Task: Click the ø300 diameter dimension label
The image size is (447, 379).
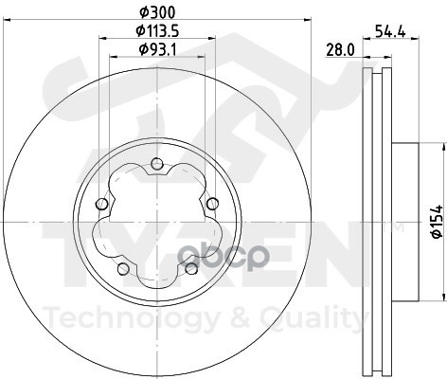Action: tap(157, 12)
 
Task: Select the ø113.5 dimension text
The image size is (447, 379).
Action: tap(157, 31)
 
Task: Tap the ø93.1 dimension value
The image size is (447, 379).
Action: tap(157, 49)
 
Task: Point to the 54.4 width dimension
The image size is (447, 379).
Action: tap(390, 31)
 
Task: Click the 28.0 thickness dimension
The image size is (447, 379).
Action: tap(340, 50)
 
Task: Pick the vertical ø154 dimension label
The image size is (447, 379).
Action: tap(438, 222)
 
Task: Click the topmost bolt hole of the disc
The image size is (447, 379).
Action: tap(157, 164)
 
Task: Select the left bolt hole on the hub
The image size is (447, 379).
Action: tap(101, 204)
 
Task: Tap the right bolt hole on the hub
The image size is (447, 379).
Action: tap(212, 204)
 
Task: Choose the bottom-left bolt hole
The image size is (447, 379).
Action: tap(123, 269)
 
